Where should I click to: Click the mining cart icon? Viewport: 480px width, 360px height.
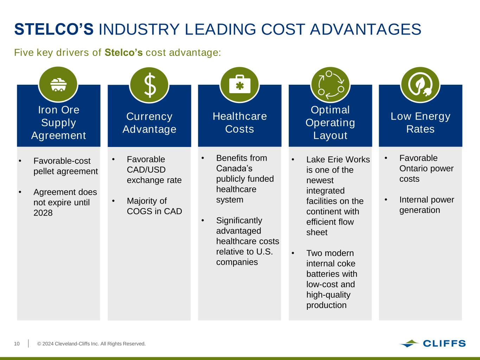(x=58, y=85)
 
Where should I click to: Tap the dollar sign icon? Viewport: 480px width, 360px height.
(x=149, y=85)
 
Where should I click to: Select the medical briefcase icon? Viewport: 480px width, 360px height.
(x=240, y=84)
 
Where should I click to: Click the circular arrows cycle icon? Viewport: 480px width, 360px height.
(x=331, y=85)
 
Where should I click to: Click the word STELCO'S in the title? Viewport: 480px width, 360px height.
(x=54, y=29)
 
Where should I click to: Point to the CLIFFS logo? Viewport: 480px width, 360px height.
(x=433, y=343)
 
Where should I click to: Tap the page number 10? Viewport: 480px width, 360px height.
(x=17, y=344)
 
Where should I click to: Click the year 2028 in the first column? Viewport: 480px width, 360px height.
(x=43, y=213)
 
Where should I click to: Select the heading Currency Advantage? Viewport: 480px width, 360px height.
(x=149, y=123)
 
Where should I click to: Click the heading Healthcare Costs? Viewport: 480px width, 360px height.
(x=240, y=123)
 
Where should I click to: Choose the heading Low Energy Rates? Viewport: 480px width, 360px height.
(x=420, y=123)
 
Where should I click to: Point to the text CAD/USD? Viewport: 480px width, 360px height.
(x=146, y=169)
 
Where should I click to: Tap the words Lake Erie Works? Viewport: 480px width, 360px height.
(x=338, y=160)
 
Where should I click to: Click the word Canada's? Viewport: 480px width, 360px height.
(x=234, y=168)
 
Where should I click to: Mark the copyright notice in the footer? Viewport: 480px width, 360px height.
(x=91, y=344)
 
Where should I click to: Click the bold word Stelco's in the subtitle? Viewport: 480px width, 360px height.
(x=123, y=52)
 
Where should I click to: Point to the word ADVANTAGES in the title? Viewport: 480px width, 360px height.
(x=366, y=29)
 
